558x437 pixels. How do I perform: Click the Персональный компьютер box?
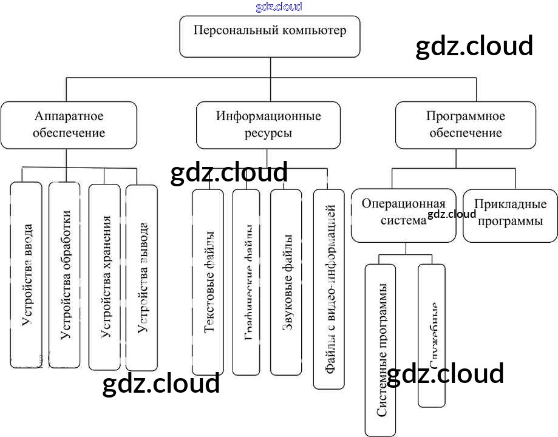[x=270, y=36]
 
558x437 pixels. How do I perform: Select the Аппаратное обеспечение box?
[x=69, y=125]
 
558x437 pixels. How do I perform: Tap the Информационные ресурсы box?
[x=268, y=125]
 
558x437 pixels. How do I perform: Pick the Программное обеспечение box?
[x=466, y=125]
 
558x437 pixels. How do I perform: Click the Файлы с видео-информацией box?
[x=328, y=289]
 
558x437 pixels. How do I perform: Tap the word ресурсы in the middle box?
[x=268, y=133]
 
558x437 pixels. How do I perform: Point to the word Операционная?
[x=404, y=204]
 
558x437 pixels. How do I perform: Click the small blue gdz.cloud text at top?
[x=279, y=7]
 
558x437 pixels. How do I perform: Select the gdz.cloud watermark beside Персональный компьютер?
[x=474, y=46]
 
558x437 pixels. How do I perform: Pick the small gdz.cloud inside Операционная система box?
[x=452, y=214]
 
